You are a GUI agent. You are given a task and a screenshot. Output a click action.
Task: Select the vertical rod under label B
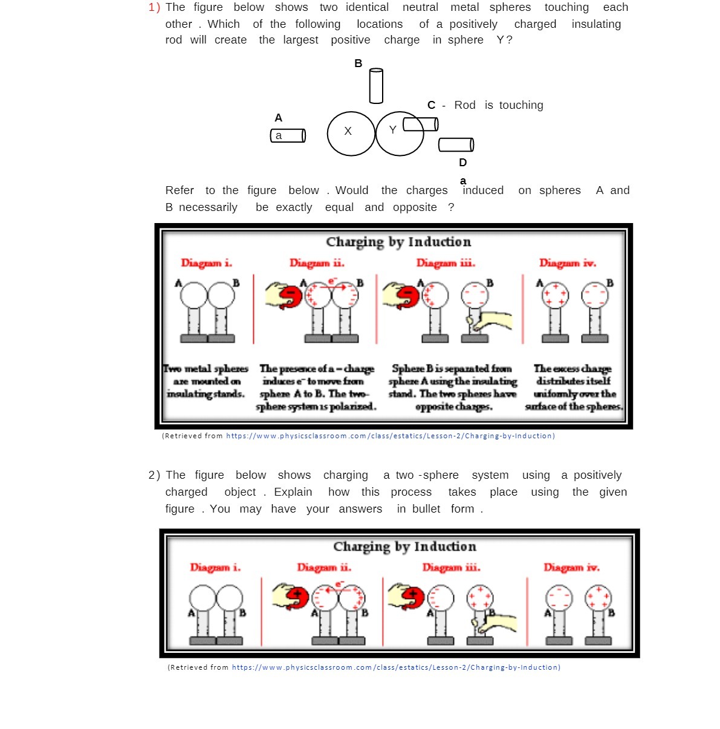pos(376,86)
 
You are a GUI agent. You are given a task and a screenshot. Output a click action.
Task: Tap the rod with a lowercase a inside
pos(288,135)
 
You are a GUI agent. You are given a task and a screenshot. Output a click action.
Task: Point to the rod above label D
pos(456,144)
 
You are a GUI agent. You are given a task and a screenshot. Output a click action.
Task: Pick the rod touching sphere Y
pos(421,124)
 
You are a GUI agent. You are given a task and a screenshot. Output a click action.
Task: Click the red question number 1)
pos(154,7)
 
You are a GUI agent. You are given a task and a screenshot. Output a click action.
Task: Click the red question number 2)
pos(154,475)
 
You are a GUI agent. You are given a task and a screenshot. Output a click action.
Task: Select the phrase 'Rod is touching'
pos(498,105)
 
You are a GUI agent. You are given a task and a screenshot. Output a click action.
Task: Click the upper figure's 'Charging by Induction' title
pos(398,242)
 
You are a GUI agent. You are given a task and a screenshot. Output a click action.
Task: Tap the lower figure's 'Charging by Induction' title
pos(404,546)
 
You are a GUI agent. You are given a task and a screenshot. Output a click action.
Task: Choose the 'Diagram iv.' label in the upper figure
pos(568,263)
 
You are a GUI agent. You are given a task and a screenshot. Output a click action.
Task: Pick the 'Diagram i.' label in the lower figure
pos(215,567)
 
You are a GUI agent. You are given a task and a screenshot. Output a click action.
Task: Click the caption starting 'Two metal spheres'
pos(206,381)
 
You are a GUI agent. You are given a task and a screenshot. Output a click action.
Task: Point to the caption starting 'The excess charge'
pos(573,387)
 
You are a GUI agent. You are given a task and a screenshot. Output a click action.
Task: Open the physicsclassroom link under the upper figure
pos(390,436)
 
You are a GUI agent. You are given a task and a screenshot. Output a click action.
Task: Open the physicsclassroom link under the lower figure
pos(396,667)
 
